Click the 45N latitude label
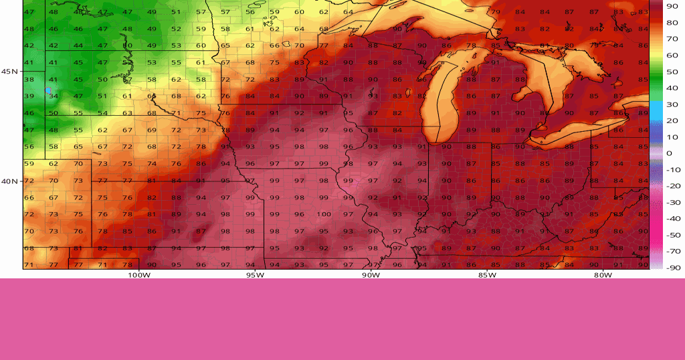pyautogui.click(x=9, y=72)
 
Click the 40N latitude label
pyautogui.click(x=9, y=181)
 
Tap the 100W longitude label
pyautogui.click(x=138, y=274)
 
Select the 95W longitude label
pyautogui.click(x=254, y=274)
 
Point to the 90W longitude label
pyautogui.click(x=371, y=274)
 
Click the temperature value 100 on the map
pyautogui.click(x=324, y=214)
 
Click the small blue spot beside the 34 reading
pyautogui.click(x=47, y=90)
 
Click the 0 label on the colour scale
pyautogui.click(x=670, y=153)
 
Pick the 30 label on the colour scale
pyautogui.click(x=672, y=104)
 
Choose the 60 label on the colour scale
pyautogui.click(x=672, y=55)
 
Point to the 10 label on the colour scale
pyautogui.click(x=672, y=137)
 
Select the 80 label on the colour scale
pyautogui.click(x=672, y=22)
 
